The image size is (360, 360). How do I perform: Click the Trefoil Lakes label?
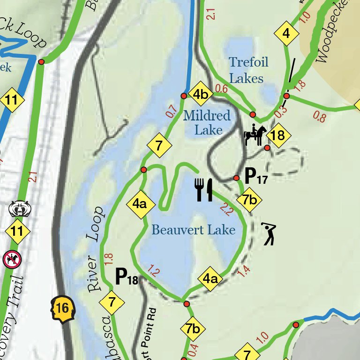246,70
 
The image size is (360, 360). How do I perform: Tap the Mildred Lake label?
207,122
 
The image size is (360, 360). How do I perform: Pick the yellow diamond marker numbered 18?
277,136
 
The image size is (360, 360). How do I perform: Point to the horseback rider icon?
255,135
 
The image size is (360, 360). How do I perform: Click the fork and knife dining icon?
204,189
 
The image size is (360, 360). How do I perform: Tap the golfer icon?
269,233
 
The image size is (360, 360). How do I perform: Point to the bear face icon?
19,209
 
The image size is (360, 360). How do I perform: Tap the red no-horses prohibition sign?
12,259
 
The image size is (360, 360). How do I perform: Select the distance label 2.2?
226,210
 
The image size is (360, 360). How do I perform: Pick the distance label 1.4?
244,270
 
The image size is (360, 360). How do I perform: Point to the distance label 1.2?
154,270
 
